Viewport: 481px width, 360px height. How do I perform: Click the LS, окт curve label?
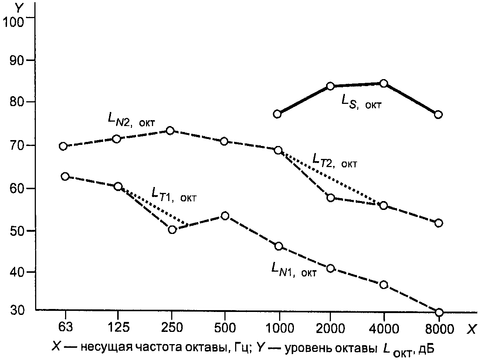361,102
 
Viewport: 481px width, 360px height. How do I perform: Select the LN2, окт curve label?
132,119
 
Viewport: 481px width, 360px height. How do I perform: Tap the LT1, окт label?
173,194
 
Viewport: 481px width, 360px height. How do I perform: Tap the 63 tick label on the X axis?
65,327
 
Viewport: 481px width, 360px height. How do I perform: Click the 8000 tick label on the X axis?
439,328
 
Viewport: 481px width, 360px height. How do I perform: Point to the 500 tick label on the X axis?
225,328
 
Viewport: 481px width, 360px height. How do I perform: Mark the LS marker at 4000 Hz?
383,83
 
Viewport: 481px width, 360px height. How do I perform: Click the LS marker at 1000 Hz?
278,114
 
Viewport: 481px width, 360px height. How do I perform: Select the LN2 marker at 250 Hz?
170,130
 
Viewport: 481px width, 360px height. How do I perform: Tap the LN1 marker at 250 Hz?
172,230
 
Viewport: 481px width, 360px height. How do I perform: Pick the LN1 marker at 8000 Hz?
439,312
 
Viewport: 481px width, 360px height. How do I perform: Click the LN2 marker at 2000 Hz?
331,198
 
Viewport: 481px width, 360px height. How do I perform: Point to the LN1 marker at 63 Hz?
65,176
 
